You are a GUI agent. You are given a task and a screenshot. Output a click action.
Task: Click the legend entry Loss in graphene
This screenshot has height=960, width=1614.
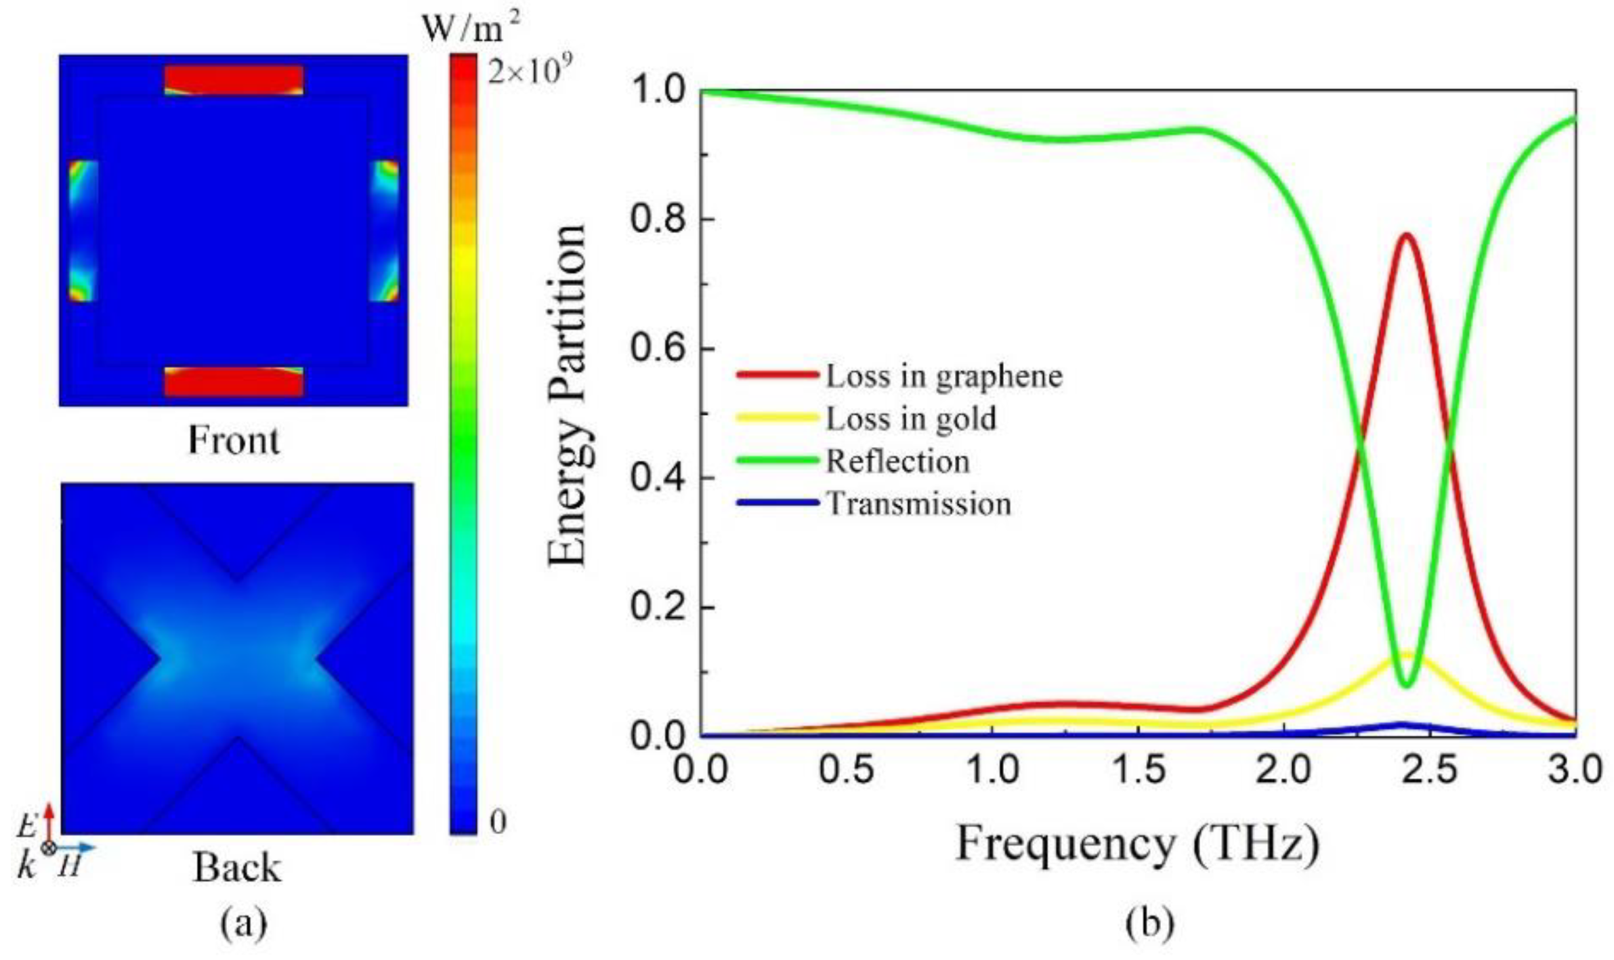(943, 377)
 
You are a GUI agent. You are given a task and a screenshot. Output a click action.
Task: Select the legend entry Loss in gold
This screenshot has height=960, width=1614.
(911, 419)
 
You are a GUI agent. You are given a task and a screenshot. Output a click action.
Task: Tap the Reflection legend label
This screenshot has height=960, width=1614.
(897, 462)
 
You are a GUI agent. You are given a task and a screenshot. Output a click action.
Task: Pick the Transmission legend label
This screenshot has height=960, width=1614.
(919, 504)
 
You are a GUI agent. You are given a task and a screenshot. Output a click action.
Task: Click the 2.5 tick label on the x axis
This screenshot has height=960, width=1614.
(1430, 770)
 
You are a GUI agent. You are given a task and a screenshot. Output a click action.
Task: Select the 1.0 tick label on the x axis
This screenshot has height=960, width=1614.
(992, 770)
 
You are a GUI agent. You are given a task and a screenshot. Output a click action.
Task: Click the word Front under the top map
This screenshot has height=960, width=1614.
(233, 440)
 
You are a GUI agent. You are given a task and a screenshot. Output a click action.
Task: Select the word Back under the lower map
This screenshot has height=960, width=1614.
(236, 868)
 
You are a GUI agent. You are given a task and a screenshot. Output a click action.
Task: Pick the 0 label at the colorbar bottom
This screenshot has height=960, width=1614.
(498, 822)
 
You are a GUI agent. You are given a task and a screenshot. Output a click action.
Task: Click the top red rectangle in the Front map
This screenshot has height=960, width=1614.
(234, 79)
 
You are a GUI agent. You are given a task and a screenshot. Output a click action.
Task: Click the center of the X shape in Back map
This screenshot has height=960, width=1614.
(237, 659)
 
